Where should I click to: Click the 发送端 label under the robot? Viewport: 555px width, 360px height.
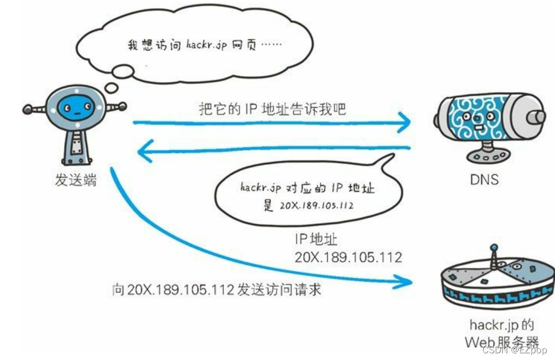[x=75, y=181]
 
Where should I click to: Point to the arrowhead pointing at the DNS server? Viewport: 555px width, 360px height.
[x=404, y=122]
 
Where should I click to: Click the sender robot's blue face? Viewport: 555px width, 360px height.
[x=74, y=108]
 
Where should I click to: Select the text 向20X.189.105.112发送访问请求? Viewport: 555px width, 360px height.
[x=217, y=289]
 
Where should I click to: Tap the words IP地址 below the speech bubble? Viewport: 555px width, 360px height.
[x=316, y=239]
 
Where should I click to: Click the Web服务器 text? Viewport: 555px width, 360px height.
[x=502, y=342]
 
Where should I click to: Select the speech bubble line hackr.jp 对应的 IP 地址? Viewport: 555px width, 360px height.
[x=307, y=188]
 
